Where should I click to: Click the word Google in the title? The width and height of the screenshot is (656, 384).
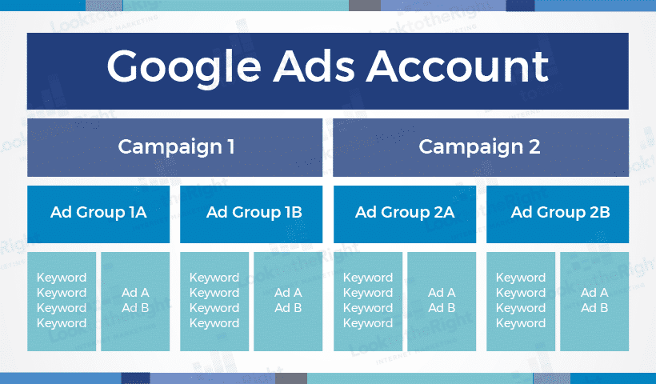click(x=184, y=68)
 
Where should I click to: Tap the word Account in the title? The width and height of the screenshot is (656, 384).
click(x=458, y=66)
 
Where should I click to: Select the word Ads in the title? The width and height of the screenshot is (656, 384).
click(x=314, y=66)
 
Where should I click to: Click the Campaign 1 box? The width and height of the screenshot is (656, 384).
click(x=175, y=147)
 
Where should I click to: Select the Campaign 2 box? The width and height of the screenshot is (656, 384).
click(x=481, y=147)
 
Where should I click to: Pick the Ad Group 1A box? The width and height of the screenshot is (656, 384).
click(x=98, y=214)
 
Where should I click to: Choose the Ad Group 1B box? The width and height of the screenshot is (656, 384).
click(x=251, y=214)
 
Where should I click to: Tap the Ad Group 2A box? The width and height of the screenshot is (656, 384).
click(x=405, y=214)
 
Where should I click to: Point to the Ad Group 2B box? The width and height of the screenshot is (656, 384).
click(x=558, y=214)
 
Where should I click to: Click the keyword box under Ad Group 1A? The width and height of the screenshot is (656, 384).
click(x=62, y=301)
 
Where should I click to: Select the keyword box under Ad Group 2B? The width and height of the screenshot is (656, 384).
click(x=521, y=301)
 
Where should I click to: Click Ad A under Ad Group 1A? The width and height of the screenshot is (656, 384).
click(x=135, y=292)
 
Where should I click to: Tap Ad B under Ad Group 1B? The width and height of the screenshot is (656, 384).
click(x=288, y=308)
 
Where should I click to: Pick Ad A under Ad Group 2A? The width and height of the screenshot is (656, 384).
click(x=442, y=292)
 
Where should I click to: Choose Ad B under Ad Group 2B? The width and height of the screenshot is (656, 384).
click(x=594, y=308)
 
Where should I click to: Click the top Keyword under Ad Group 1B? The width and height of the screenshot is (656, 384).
click(x=214, y=278)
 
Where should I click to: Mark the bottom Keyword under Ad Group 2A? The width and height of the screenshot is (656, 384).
click(x=368, y=323)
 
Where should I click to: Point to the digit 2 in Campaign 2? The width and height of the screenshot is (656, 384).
click(x=534, y=147)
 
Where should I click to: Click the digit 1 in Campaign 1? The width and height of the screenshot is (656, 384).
click(x=231, y=147)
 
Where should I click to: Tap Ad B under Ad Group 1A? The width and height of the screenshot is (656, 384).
click(x=135, y=308)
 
